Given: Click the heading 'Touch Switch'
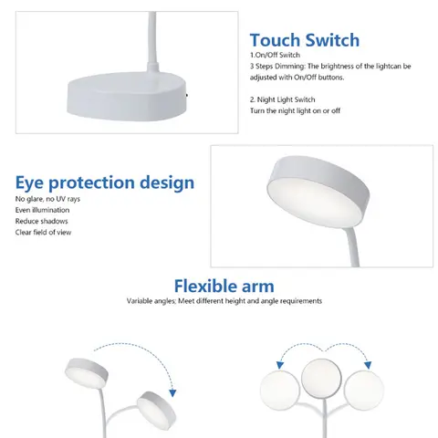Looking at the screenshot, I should [x=305, y=40].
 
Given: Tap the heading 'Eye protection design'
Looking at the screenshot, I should [x=104, y=182].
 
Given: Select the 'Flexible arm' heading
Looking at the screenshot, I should [x=224, y=286].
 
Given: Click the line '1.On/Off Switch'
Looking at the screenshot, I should [x=274, y=57].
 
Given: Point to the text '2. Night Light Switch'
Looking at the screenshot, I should [x=284, y=98].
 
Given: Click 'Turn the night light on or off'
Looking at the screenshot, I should [x=296, y=109].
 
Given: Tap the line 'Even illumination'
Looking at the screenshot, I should [x=43, y=210].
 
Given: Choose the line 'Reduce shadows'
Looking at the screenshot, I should [x=41, y=221].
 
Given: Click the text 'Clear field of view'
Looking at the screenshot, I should [x=45, y=232].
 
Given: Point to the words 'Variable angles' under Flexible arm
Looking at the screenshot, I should [x=155, y=301].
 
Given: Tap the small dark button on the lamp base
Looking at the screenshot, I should [x=188, y=93].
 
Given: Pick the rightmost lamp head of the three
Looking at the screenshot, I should [x=364, y=387].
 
